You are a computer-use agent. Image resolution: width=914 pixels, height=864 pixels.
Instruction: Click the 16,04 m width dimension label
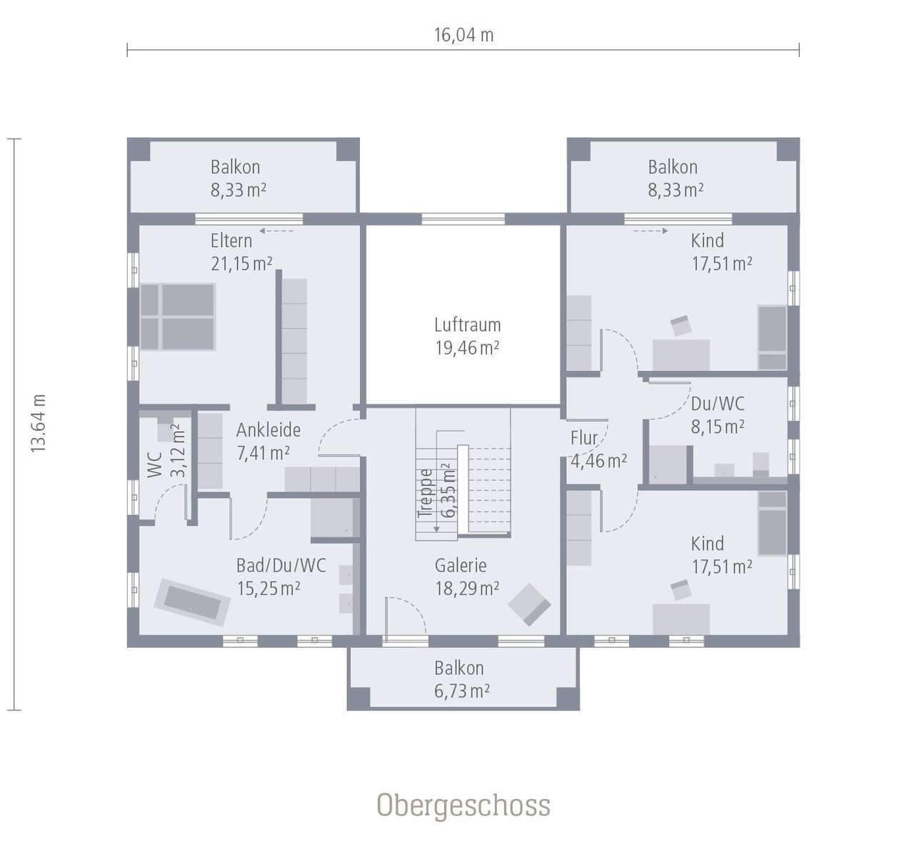point(463,35)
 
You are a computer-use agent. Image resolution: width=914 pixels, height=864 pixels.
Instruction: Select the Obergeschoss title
point(463,805)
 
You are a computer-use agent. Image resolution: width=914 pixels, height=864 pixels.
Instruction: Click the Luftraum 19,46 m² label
point(467,336)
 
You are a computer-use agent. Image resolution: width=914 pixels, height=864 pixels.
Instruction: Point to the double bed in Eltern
point(178,317)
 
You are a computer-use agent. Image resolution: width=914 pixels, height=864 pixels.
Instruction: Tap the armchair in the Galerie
point(529,604)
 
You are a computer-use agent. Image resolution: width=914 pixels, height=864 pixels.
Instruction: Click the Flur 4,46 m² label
point(598,449)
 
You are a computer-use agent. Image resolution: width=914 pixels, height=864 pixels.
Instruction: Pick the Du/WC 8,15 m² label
point(718,415)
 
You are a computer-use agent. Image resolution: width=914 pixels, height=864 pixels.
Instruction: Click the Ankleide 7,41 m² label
point(268,441)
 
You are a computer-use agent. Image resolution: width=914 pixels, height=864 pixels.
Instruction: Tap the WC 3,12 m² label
point(166,453)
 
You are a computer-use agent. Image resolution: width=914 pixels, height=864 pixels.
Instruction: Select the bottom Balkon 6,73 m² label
point(461,679)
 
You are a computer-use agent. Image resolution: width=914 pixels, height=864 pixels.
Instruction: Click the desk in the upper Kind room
point(681,354)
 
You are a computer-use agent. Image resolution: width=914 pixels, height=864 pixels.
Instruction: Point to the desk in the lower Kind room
point(681,618)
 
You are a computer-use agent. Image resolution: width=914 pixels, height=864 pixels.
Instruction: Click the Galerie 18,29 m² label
point(466,576)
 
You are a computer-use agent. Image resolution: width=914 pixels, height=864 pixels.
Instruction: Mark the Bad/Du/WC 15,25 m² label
point(281,576)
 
